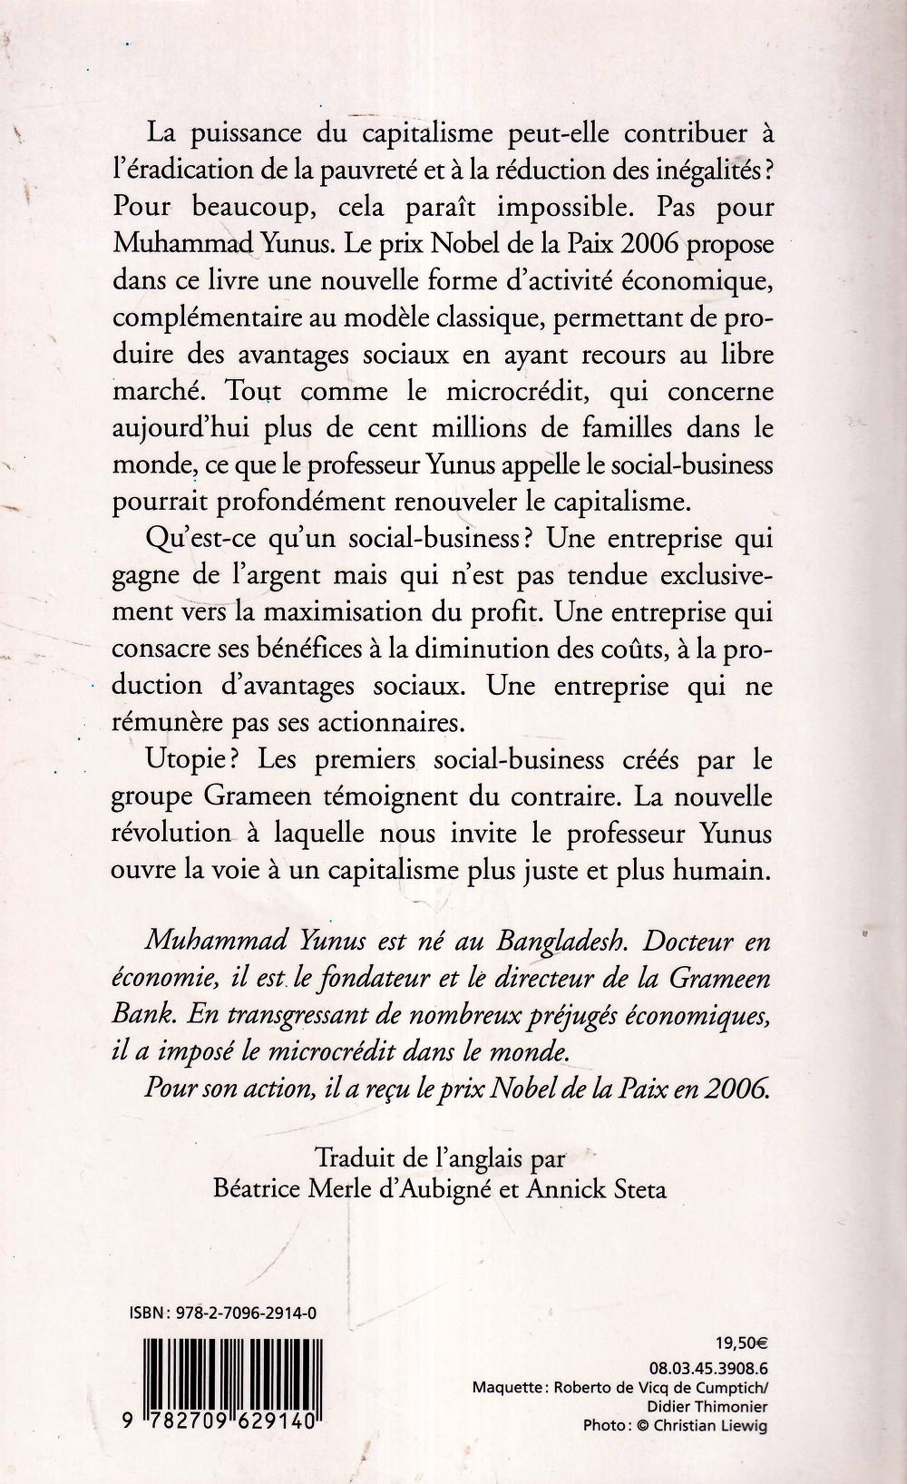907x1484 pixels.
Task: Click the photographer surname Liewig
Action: click(x=744, y=1427)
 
